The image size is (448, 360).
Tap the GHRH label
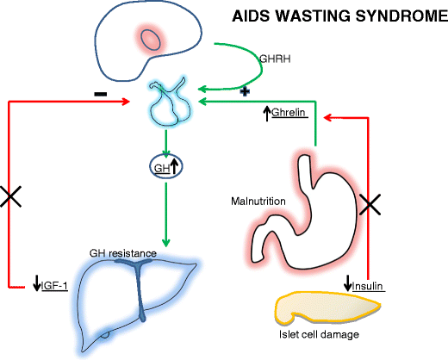272,59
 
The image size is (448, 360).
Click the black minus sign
101,90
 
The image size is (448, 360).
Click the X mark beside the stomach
369,204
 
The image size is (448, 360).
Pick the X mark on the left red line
10,197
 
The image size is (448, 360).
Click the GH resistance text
124,253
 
